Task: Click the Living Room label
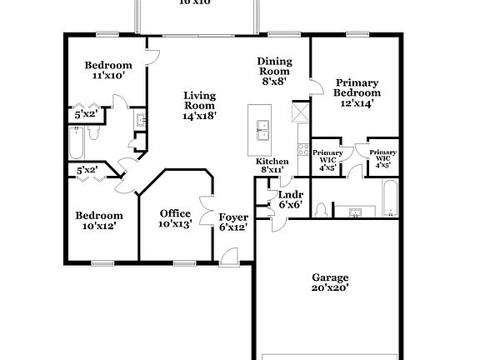(x=200, y=106)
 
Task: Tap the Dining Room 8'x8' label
(x=274, y=72)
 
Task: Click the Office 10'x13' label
(x=175, y=218)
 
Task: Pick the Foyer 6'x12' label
(x=232, y=222)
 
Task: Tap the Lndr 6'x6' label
(x=290, y=199)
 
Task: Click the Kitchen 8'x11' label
(x=272, y=165)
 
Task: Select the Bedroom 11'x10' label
(x=108, y=70)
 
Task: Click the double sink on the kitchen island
(x=262, y=127)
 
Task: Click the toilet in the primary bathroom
(x=322, y=209)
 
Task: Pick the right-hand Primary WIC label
(x=382, y=158)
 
